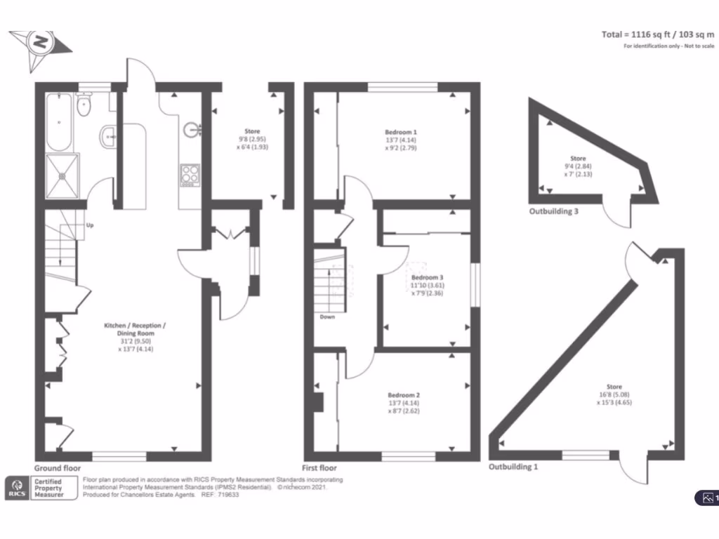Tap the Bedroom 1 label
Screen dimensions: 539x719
click(400, 132)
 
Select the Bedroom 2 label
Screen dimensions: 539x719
click(400, 395)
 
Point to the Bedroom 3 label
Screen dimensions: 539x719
click(427, 277)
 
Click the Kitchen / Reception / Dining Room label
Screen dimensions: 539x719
click(135, 326)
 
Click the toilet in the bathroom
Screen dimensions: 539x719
click(84, 106)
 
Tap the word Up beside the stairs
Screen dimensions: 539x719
click(90, 226)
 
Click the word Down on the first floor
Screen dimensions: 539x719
click(327, 317)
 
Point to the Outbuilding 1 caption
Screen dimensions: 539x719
click(516, 466)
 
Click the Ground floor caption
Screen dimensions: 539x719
click(57, 467)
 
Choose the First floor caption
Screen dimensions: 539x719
click(320, 468)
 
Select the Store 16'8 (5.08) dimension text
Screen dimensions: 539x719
click(614, 395)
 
